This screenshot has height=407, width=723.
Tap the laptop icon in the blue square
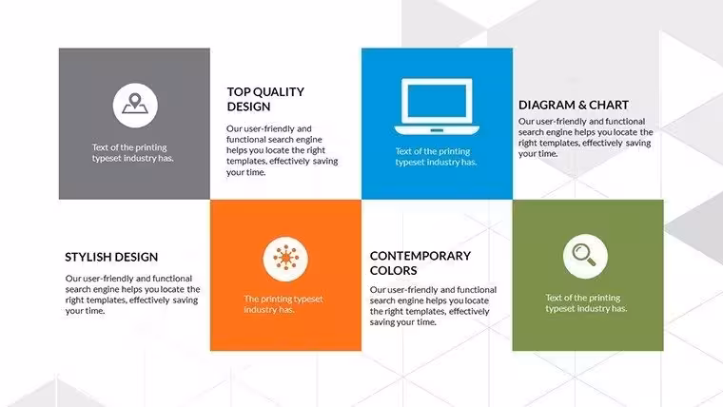coord(437,107)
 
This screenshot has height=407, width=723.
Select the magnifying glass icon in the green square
coord(585,256)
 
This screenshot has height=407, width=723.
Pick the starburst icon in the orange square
coord(285,259)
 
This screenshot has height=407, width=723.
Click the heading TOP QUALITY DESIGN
coord(265,99)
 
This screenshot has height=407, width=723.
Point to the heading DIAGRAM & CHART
coord(573,106)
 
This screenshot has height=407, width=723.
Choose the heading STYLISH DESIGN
coord(111,257)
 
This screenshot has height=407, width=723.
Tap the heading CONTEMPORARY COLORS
coord(420,263)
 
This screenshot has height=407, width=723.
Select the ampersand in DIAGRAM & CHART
coord(582,106)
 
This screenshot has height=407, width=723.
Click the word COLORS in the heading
coord(393,271)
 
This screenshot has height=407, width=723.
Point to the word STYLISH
coord(88,257)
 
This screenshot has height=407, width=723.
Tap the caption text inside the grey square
coord(132,152)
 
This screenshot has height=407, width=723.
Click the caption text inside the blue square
coord(436,157)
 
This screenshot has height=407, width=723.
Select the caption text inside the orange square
coord(283,304)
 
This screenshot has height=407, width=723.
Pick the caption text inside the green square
coord(586,302)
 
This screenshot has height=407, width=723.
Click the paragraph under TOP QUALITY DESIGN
coord(282,150)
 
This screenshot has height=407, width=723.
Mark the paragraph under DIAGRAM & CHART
coord(586,137)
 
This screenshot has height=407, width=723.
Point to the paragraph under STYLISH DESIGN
coord(132,295)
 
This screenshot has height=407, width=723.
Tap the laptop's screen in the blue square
coord(437,101)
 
